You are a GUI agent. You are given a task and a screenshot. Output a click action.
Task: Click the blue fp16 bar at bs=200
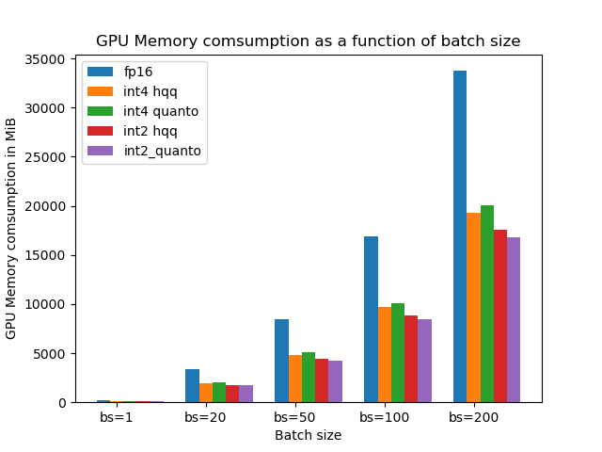[460, 236]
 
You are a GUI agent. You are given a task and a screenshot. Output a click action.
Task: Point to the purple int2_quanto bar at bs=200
[513, 319]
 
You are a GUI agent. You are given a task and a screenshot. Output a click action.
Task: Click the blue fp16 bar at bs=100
[371, 319]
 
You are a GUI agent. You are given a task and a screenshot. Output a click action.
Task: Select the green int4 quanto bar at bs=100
[398, 352]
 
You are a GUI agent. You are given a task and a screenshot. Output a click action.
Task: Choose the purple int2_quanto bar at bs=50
[335, 381]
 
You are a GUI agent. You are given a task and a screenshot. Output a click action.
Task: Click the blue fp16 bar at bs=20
[193, 385]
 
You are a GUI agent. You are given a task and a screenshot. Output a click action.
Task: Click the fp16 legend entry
[137, 72]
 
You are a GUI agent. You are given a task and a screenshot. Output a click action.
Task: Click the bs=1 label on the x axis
[117, 417]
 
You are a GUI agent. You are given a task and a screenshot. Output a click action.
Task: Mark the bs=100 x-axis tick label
[384, 417]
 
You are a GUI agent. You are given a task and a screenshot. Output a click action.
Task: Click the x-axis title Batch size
[308, 435]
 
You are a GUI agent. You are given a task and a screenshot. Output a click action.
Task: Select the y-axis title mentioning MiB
[11, 229]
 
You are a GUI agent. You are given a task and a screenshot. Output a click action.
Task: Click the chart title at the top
[308, 41]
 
